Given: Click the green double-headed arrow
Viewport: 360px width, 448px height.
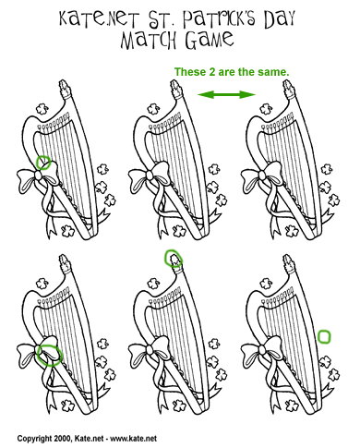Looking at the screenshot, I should click(x=226, y=94).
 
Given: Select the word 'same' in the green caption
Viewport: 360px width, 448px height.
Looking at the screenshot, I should click(x=264, y=72).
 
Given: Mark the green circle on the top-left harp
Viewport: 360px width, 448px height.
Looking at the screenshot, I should click(x=42, y=164).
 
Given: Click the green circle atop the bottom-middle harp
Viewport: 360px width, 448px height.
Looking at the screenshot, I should click(x=173, y=258).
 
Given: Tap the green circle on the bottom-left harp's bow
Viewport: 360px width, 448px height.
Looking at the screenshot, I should click(x=49, y=355).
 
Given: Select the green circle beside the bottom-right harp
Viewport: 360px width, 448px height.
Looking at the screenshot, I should click(x=324, y=336).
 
